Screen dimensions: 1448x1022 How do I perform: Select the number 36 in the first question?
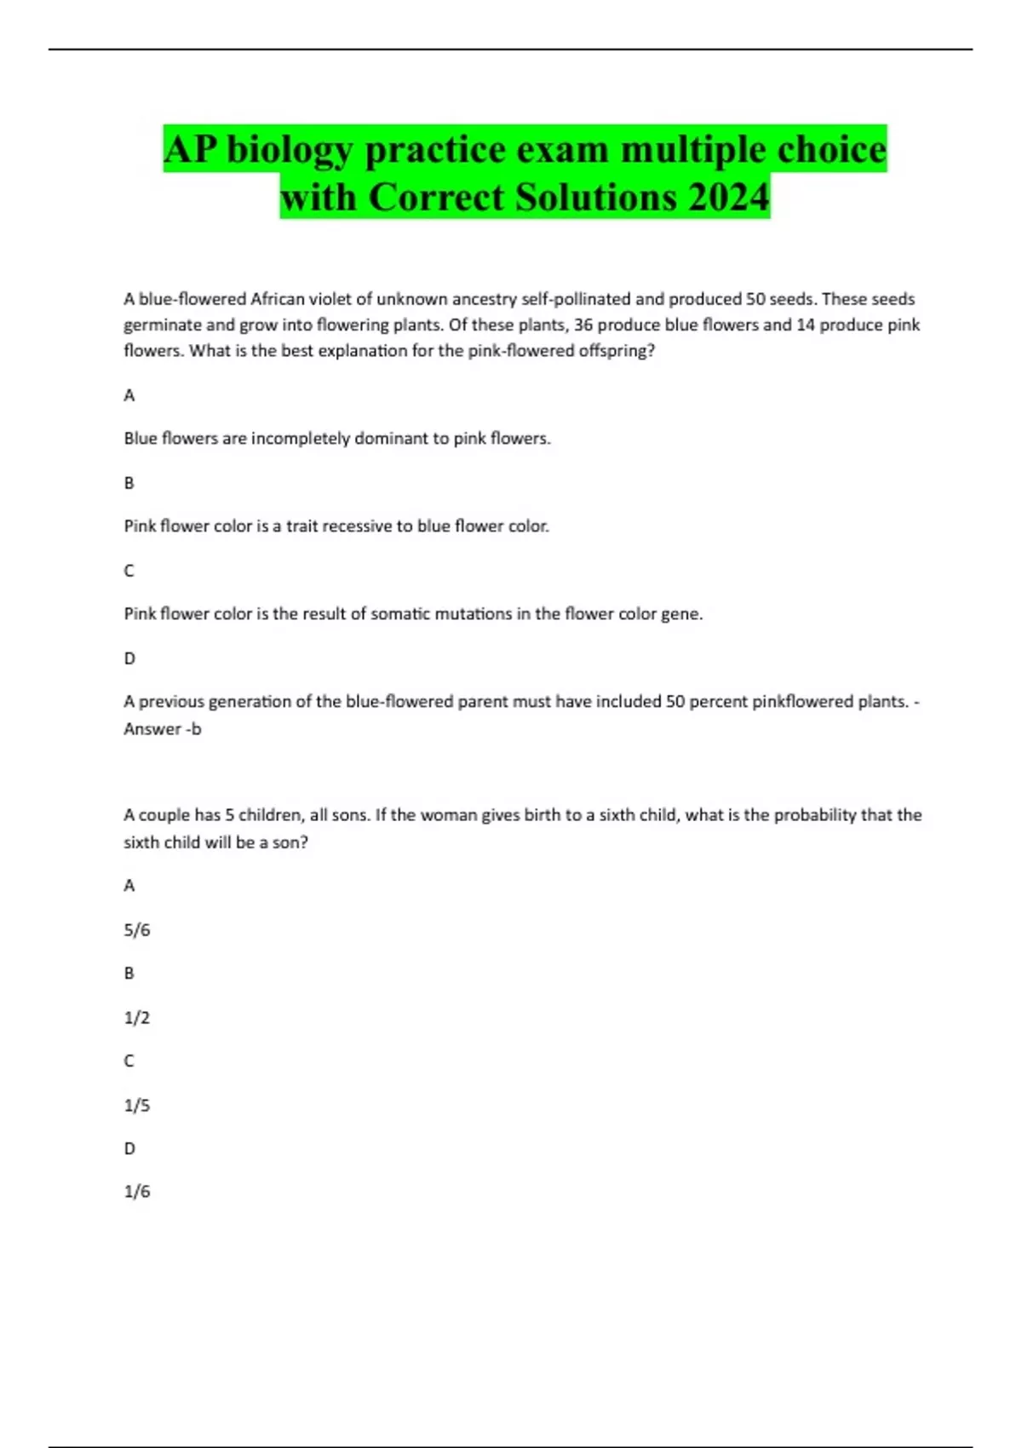[583, 325]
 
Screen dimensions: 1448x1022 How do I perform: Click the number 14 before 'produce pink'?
[806, 325]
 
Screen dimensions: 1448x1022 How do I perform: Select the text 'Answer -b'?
[163, 729]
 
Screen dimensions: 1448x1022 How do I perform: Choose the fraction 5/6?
[136, 930]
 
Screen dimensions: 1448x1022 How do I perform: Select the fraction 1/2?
[136, 1018]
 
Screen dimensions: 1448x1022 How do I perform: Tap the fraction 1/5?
[136, 1106]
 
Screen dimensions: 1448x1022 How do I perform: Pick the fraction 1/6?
[136, 1192]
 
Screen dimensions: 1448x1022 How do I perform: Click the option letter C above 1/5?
[129, 1061]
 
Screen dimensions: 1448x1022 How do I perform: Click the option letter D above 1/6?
[129, 1149]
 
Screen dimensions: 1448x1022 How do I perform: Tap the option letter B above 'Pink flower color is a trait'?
[129, 483]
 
